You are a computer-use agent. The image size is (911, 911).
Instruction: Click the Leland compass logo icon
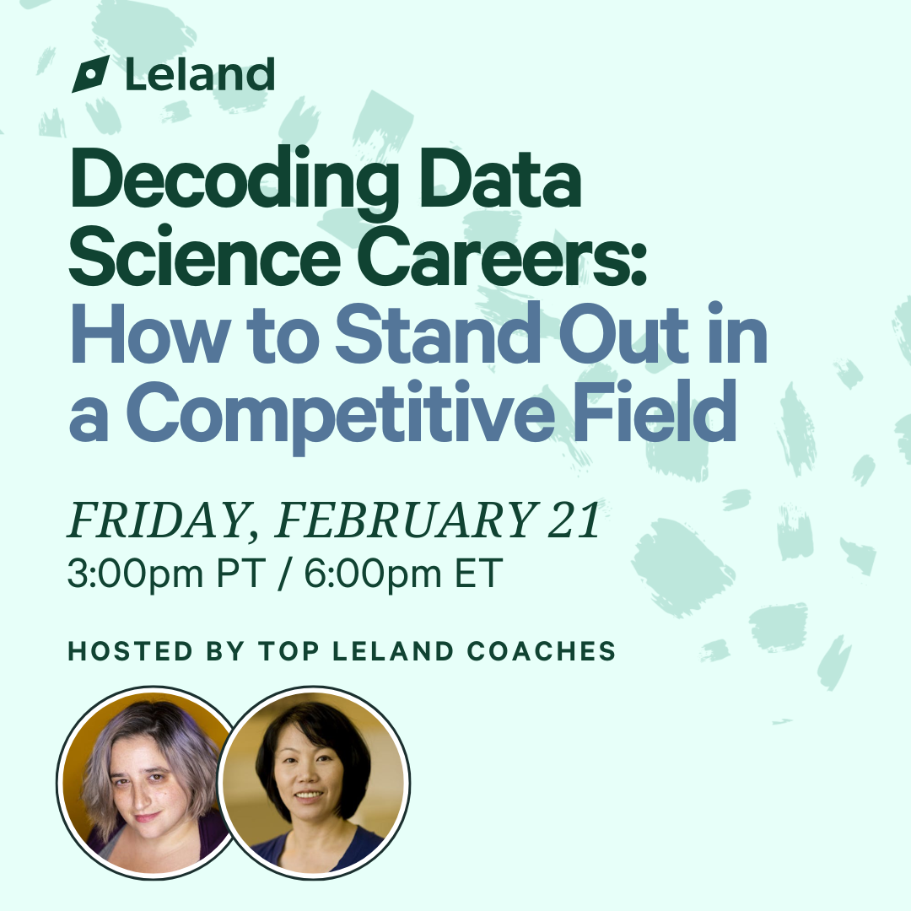90,74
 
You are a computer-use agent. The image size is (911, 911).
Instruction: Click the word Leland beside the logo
200,74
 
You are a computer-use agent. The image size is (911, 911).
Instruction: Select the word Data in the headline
500,177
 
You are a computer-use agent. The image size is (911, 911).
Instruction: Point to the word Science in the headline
204,256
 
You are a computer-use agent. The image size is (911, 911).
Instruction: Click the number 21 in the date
574,519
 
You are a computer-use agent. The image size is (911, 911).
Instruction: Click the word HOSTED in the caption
130,651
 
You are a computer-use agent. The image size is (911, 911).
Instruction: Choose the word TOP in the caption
288,651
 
